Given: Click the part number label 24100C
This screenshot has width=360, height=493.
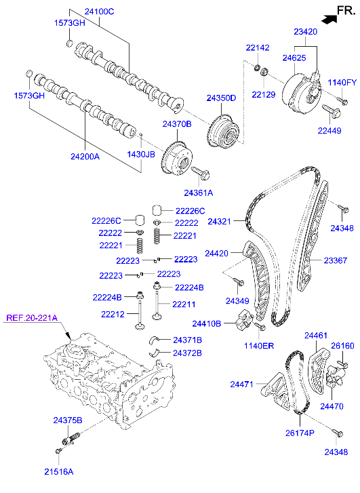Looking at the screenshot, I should (x=99, y=12).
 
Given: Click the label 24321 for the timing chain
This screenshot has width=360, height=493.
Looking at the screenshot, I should (x=220, y=222).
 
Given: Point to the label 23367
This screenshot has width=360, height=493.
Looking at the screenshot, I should (x=335, y=260).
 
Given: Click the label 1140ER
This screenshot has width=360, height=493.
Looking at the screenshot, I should (x=260, y=346).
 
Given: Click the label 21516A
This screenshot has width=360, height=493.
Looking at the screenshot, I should (x=59, y=471).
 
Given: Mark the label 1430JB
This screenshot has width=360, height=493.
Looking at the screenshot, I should (x=141, y=154).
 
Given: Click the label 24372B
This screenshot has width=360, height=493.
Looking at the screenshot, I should (x=187, y=353).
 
